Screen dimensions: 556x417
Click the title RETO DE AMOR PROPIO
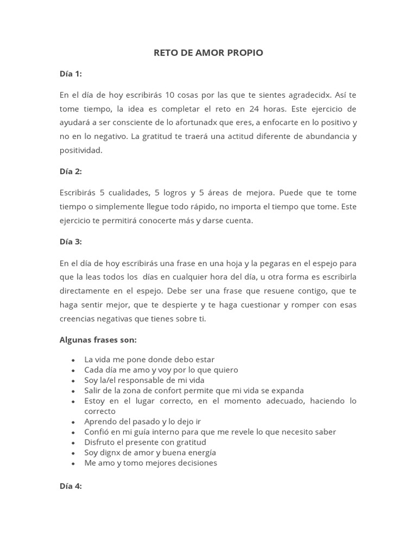pyautogui.click(x=208, y=53)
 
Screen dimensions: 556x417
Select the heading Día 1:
pyautogui.click(x=71, y=73)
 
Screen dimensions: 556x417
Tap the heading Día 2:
pyautogui.click(x=71, y=171)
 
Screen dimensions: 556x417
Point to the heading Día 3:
pyautogui.click(x=71, y=242)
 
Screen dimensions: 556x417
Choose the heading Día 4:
pyautogui.click(x=71, y=486)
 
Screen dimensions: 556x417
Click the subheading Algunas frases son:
pyautogui.click(x=98, y=339)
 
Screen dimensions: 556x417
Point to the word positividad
pyautogui.click(x=81, y=150)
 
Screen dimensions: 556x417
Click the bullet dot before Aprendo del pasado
pyautogui.click(x=73, y=422)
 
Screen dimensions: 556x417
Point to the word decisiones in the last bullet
pyautogui.click(x=194, y=463)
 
